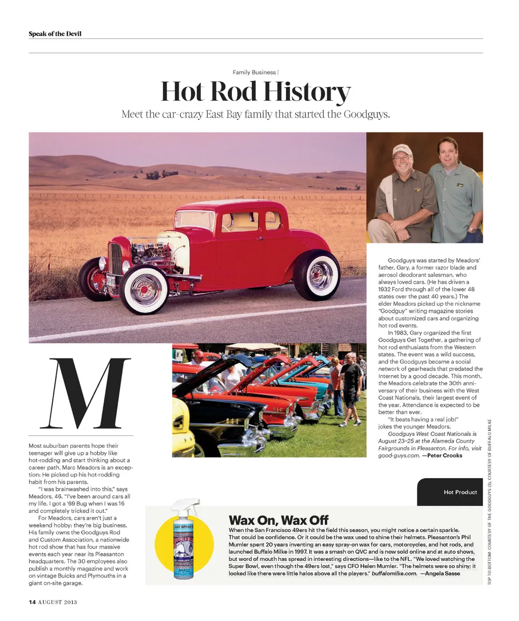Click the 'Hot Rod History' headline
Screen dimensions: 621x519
pyautogui.click(x=256, y=91)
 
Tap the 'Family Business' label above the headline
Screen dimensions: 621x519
pyautogui.click(x=254, y=72)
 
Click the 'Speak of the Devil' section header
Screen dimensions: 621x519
pyautogui.click(x=55, y=34)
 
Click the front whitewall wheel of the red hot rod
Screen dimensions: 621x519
pyautogui.click(x=145, y=289)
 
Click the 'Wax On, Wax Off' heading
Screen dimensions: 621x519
pyautogui.click(x=278, y=520)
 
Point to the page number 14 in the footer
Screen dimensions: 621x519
pyautogui.click(x=32, y=602)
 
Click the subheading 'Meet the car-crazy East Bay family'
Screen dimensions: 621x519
pyautogui.click(x=255, y=114)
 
